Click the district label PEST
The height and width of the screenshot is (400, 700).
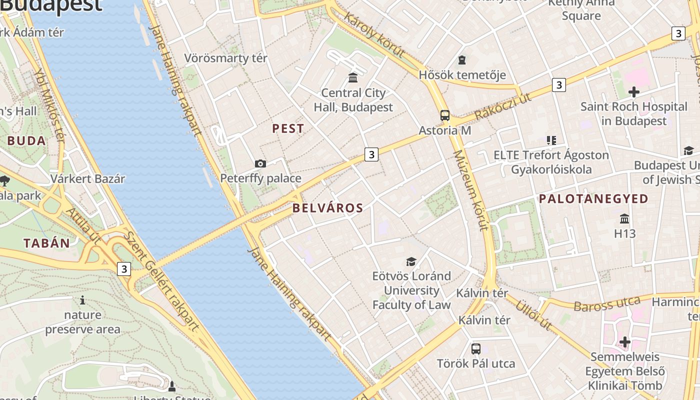(x=288, y=128)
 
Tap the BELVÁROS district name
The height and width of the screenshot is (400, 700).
(x=327, y=208)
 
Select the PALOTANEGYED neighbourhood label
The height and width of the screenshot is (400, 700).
(x=593, y=199)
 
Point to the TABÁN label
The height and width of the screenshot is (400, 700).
(x=46, y=243)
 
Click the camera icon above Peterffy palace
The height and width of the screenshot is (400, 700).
(x=260, y=163)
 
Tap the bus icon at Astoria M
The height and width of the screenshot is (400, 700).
(x=444, y=115)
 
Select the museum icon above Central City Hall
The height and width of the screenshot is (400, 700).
(x=353, y=77)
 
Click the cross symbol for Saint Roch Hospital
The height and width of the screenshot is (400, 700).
(x=633, y=92)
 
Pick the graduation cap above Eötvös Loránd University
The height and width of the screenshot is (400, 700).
(x=411, y=261)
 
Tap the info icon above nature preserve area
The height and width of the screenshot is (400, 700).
(x=82, y=300)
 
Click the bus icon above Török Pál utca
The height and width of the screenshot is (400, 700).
(x=475, y=348)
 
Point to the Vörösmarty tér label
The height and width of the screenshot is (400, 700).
(x=225, y=58)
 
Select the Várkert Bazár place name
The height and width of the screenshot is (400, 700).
(x=87, y=178)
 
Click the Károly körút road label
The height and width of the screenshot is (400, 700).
(x=373, y=36)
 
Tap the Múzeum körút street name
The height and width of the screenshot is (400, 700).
(x=470, y=190)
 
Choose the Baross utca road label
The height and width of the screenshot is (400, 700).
(x=607, y=303)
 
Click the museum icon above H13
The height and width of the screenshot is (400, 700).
(x=624, y=219)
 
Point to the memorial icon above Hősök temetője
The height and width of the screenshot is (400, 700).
(x=462, y=60)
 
